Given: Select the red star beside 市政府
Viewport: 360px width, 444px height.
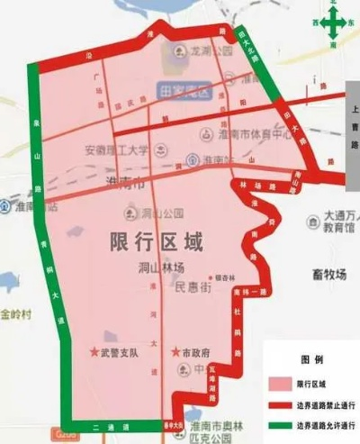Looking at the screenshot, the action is [x=176, y=352].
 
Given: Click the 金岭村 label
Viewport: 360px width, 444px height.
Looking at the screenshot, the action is [x=16, y=314].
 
